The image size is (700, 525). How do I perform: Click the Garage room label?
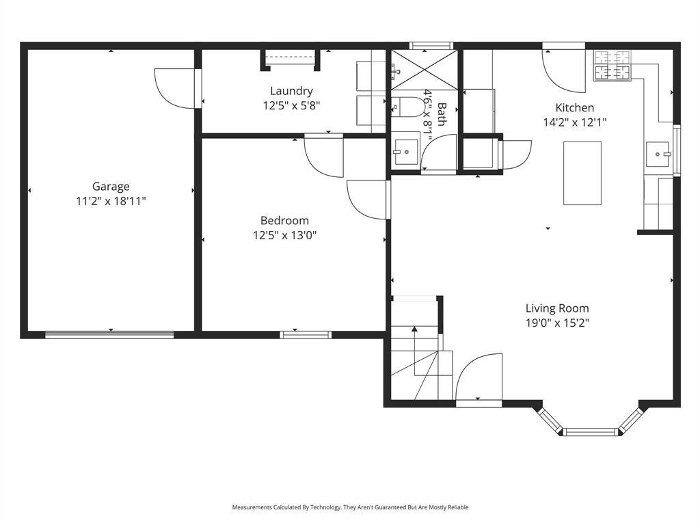coord(111,186)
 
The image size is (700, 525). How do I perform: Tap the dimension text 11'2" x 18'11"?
coord(111,201)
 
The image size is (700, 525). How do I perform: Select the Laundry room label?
coord(291,91)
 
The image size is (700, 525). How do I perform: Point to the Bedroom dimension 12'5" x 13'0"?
coord(284,235)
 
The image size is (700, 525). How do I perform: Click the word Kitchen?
coord(574,107)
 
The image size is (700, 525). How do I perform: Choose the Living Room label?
coord(557,308)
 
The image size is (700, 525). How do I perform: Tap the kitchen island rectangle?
coord(582,173)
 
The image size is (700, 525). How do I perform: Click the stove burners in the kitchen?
coord(612,65)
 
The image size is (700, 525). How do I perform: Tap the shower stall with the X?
coord(422,69)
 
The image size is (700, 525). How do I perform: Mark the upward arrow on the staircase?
coord(414,331)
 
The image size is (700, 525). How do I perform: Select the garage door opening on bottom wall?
coord(109,334)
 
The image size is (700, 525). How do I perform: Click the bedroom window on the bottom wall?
coord(306,334)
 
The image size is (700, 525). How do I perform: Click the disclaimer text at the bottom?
coord(350,507)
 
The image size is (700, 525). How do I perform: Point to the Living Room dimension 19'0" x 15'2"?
coord(557,323)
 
